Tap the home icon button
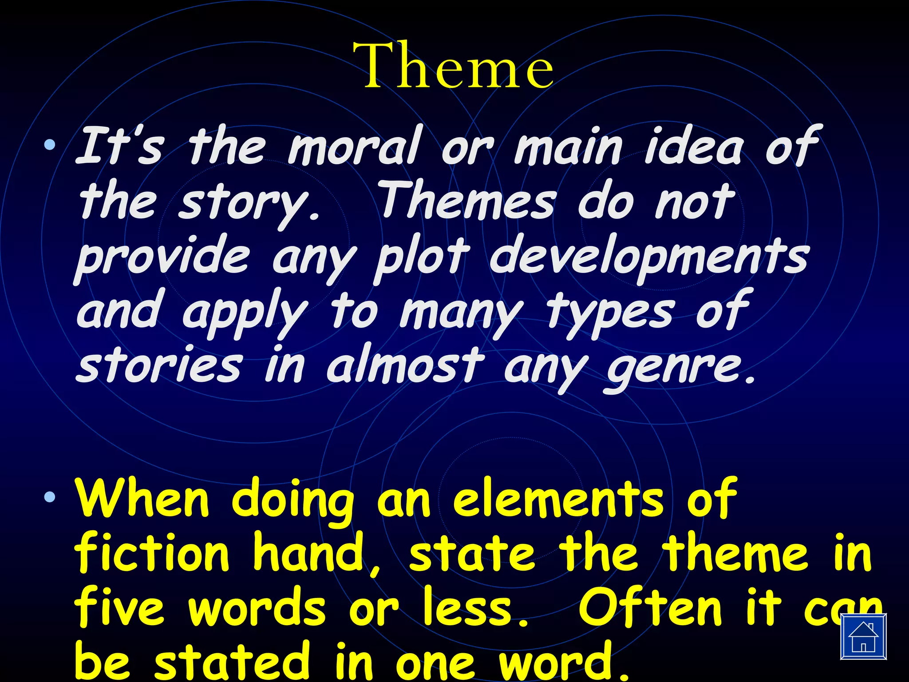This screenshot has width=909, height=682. (x=863, y=636)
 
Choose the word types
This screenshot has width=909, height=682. (x=611, y=313)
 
